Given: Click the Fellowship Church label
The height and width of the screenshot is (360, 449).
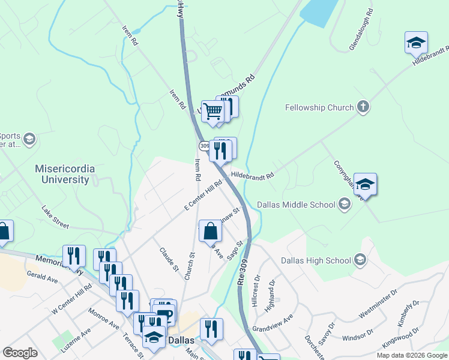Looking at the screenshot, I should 319,108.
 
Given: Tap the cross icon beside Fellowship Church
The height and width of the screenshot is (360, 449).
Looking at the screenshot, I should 363,107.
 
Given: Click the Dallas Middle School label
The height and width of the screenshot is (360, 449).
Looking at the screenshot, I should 296,205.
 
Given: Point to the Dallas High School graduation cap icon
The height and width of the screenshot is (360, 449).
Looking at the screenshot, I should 360,260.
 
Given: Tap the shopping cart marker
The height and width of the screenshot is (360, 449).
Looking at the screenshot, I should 212,112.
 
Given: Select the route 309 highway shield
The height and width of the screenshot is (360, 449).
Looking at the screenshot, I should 203,146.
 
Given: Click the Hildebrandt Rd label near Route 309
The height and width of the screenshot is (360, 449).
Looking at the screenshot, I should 252,175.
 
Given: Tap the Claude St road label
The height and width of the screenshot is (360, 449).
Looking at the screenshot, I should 169,259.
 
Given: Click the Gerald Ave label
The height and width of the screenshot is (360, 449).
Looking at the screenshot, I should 42,276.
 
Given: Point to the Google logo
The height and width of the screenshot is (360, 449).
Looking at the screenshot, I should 20,352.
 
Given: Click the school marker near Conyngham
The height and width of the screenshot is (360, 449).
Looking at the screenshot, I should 364,185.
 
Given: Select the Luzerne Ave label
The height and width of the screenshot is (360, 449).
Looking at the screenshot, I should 73,339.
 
